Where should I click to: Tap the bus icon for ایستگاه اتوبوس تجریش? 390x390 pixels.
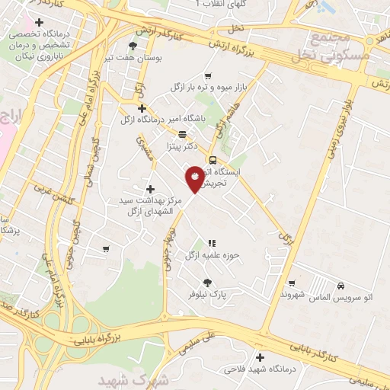(213, 161)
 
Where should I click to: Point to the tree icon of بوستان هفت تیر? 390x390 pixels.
(133, 46)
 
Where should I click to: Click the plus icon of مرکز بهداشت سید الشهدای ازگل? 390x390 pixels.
(150, 189)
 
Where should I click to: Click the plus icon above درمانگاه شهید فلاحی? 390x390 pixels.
(261, 357)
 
